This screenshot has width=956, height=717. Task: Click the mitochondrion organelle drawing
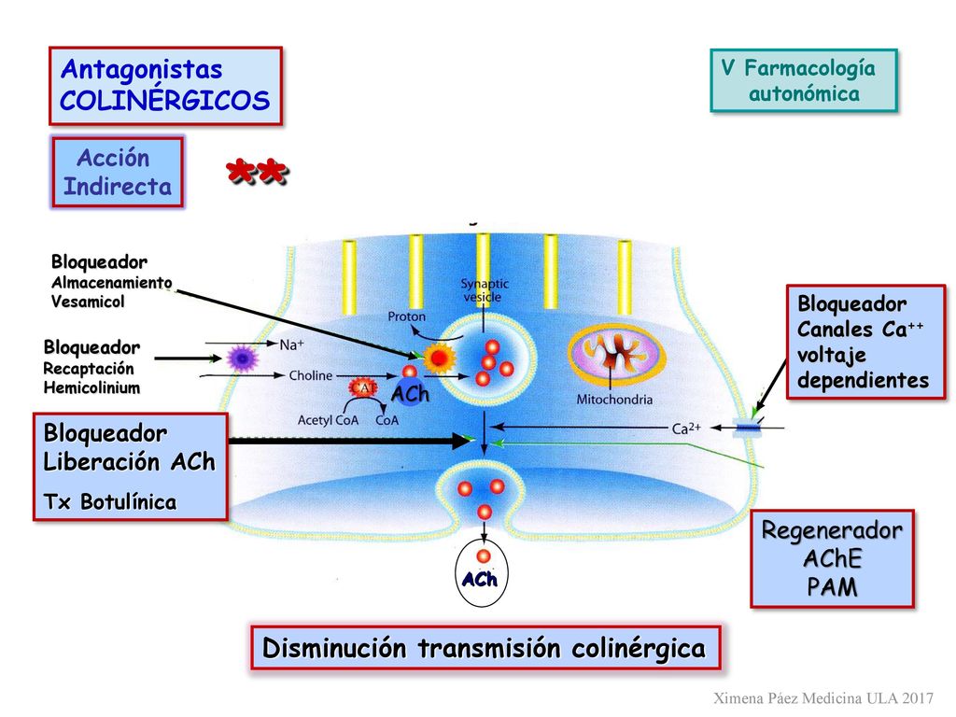click(x=616, y=356)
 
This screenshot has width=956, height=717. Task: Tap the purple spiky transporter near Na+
click(x=242, y=358)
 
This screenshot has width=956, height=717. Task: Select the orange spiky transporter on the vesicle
click(x=439, y=358)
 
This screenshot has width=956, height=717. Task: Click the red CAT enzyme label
click(x=363, y=387)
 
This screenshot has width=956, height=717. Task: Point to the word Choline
click(x=311, y=375)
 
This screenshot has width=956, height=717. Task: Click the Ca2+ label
click(x=686, y=428)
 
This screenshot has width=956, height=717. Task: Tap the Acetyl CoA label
click(x=328, y=420)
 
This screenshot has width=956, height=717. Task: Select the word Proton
click(x=407, y=316)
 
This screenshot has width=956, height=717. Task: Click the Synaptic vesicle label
click(x=485, y=290)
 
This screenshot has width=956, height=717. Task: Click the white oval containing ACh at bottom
click(x=482, y=572)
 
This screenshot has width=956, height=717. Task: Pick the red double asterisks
click(x=257, y=172)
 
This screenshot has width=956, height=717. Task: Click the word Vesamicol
click(x=88, y=302)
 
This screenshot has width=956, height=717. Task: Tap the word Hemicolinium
click(x=92, y=387)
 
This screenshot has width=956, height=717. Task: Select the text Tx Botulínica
click(x=110, y=501)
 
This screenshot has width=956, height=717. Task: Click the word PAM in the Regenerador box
click(x=832, y=587)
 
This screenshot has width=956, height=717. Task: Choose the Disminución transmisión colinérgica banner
click(x=485, y=648)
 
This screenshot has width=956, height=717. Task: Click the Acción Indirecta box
click(x=118, y=173)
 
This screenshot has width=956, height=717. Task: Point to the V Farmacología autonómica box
click(x=804, y=80)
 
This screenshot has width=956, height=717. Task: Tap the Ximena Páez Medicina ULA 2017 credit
click(x=823, y=698)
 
